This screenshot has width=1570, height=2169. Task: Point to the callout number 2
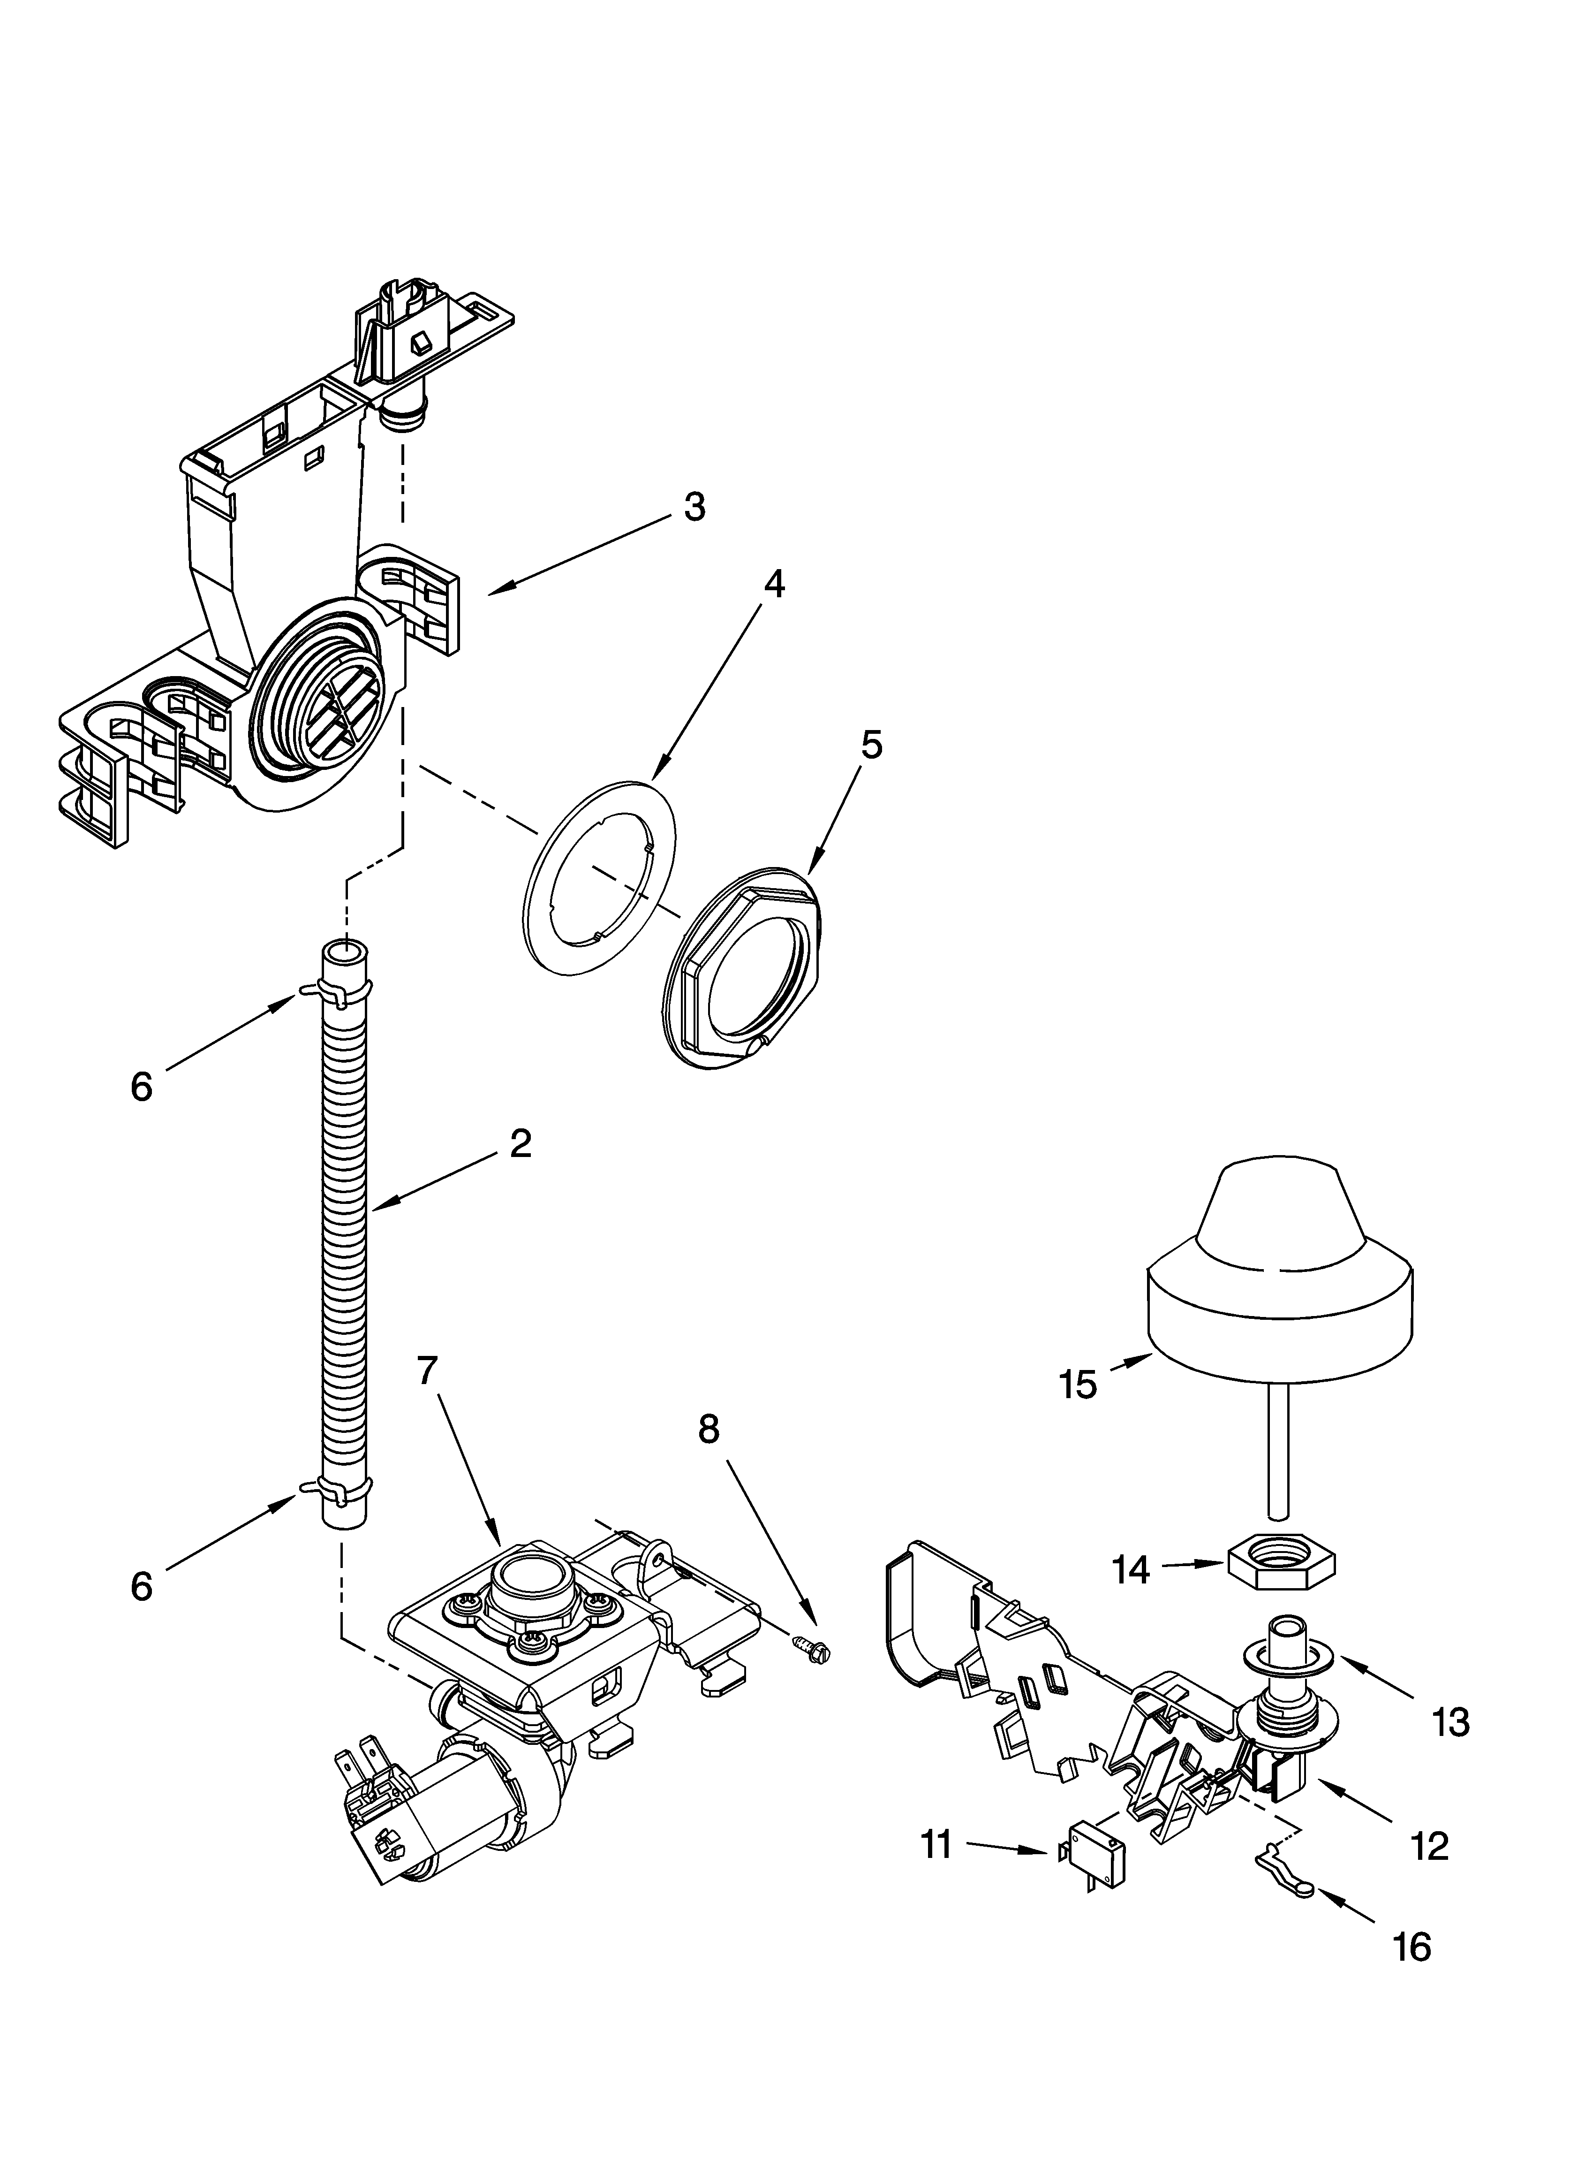pos(520,1143)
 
